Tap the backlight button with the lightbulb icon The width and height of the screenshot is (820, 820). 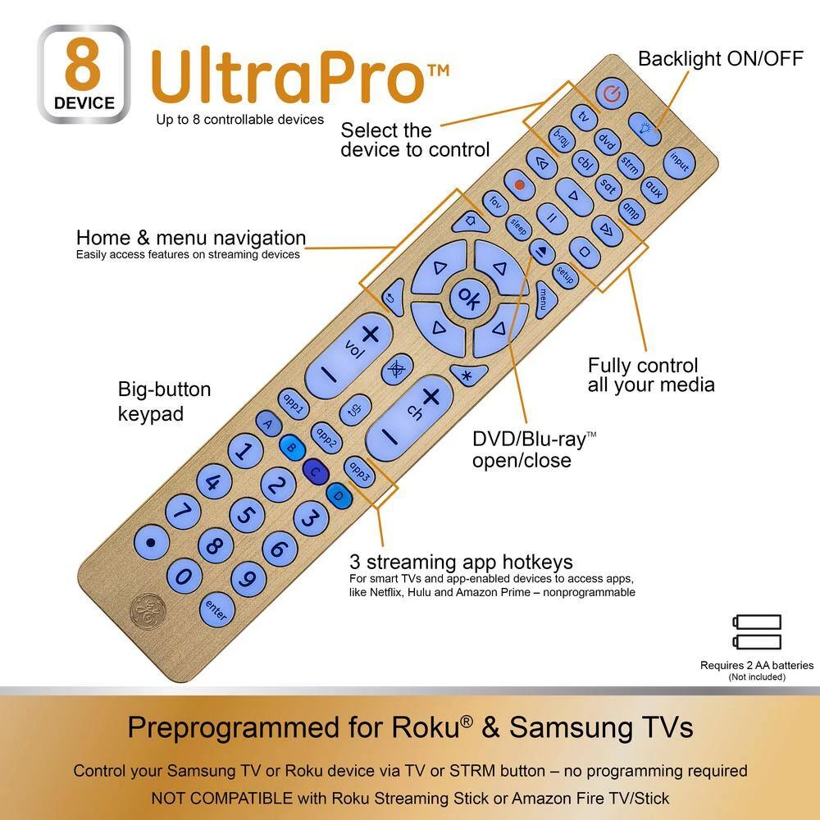[645, 128]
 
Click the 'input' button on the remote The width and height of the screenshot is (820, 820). [679, 162]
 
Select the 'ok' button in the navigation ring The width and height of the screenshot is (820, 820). [468, 298]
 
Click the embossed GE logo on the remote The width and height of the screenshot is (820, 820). [148, 610]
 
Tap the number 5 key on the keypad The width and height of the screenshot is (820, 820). [247, 515]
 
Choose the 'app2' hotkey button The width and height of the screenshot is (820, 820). [326, 438]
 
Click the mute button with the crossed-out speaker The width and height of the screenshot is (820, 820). [397, 370]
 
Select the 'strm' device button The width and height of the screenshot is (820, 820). [630, 166]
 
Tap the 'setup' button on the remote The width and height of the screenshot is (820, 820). [565, 275]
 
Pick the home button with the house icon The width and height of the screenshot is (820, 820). [470, 221]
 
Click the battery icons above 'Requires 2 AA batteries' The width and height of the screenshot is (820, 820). [757, 631]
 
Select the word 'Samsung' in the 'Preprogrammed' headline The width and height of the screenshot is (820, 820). [568, 727]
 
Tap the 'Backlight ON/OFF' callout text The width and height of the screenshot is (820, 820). [721, 59]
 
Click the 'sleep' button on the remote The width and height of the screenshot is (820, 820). [518, 227]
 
